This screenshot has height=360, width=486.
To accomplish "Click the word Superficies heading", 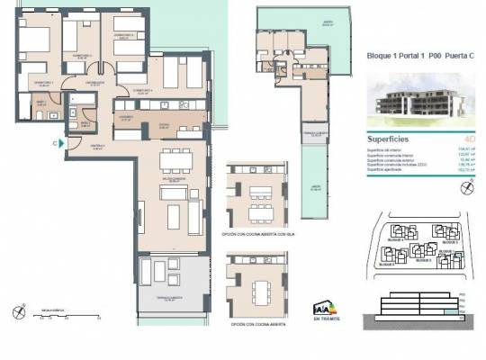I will coord(391,140).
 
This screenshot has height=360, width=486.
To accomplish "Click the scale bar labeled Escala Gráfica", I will coord(67,315).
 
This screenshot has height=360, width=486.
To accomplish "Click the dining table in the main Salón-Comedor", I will coord(173,164).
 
